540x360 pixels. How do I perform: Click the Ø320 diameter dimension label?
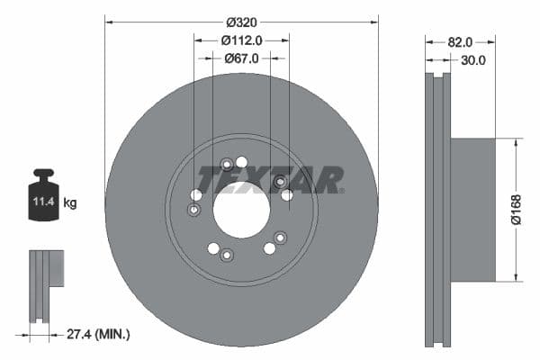point(241,20)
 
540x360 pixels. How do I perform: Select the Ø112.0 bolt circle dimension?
point(241,40)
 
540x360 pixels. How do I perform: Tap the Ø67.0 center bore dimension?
point(241,58)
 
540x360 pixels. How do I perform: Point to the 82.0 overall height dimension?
point(460,41)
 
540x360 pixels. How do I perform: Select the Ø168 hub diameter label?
point(515,209)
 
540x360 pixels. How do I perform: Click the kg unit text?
point(70,203)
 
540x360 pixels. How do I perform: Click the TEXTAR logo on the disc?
point(270,180)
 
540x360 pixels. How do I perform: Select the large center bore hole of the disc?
point(241,210)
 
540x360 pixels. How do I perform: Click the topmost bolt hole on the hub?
point(241,162)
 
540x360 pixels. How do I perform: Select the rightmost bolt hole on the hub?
point(287,194)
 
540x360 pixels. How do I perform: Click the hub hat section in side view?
point(472,209)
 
